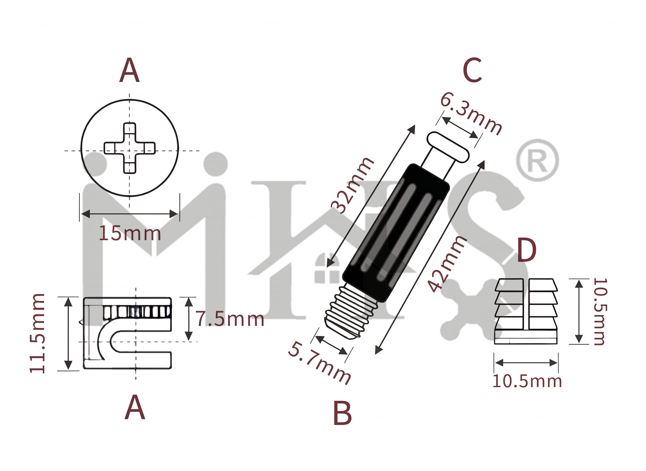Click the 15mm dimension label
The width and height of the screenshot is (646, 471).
click(130, 234)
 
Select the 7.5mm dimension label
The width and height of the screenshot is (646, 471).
click(230, 319)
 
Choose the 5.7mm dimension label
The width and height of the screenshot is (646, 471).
click(319, 363)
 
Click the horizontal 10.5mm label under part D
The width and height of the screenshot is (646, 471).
click(527, 381)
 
